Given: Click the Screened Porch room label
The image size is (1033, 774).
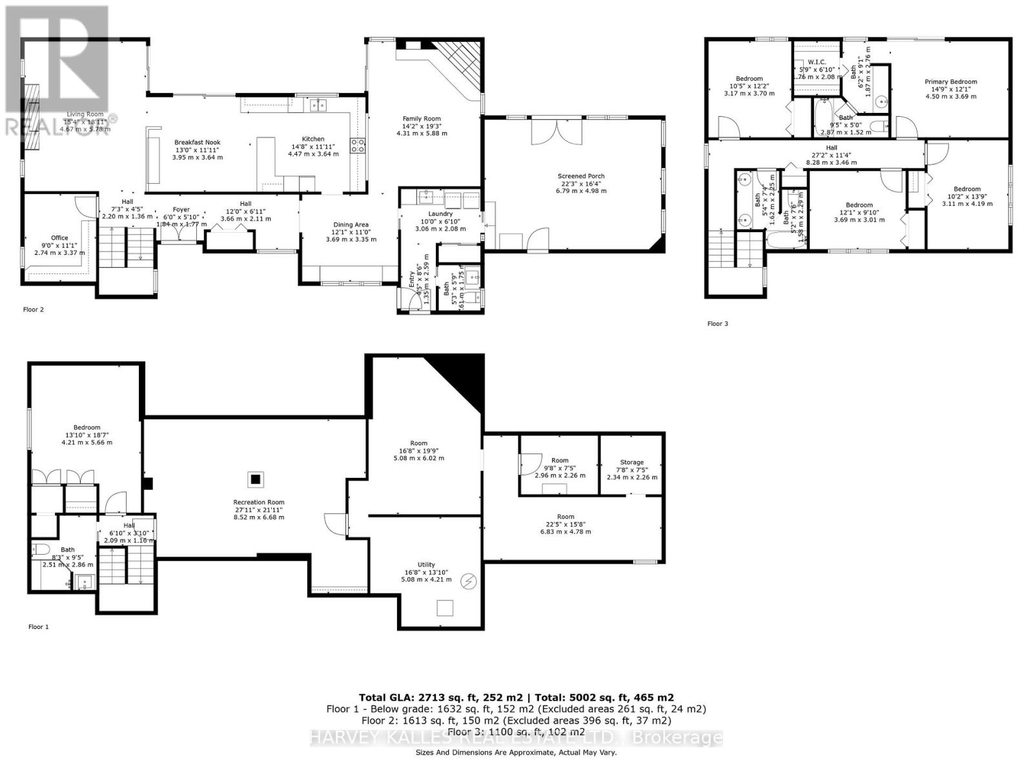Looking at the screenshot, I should tap(581, 176).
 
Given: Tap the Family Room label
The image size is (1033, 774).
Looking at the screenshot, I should tap(422, 119).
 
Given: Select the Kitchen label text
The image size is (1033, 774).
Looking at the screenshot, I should tap(313, 139).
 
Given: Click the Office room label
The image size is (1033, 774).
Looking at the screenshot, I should tap(59, 238).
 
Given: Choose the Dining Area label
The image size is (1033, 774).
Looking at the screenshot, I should tap(351, 225).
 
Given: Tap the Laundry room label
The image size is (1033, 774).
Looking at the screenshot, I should tap(440, 214).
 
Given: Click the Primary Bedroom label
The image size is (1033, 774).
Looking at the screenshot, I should tap(950, 82).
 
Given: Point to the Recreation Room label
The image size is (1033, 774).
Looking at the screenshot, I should tap(258, 502).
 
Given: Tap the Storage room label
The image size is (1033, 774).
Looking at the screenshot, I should tap(631, 462).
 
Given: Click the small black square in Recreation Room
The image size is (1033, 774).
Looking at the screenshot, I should tap(256, 479).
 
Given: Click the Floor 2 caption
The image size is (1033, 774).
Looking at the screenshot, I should tap(34, 310).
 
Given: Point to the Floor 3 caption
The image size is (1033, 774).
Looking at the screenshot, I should tap(717, 324).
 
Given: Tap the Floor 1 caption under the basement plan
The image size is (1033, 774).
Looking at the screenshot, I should tap(39, 627).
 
